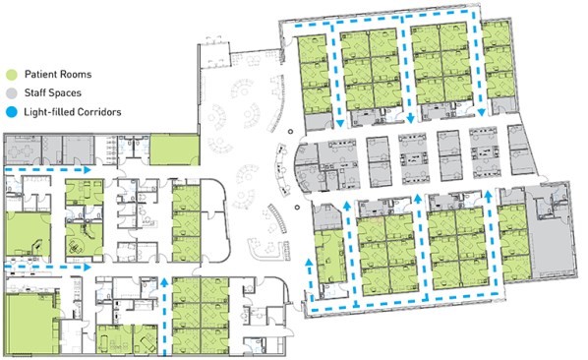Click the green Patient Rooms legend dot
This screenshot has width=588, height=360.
coord(12,74)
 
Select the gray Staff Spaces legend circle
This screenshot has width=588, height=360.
coord(12,93)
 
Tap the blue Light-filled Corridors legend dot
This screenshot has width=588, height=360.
coord(12,112)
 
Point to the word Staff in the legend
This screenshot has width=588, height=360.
coord(34,93)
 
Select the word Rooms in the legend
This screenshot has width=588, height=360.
coord(76,74)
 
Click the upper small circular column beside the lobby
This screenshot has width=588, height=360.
coord(290,132)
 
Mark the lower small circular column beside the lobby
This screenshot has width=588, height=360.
coord(297,207)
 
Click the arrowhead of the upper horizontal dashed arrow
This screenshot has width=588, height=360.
coord(88,170)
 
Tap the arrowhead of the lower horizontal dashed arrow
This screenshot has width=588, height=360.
coord(88,267)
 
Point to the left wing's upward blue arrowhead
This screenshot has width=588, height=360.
coord(164,282)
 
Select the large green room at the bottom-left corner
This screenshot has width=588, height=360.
coord(31,324)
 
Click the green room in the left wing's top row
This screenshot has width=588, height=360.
coord(174,150)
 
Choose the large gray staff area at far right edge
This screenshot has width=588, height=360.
coord(549,232)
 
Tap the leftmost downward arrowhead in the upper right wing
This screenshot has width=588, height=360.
coord(340,123)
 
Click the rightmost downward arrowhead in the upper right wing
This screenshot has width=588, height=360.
coord(482,112)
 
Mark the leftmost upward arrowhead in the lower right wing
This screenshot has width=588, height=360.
coord(310,262)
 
